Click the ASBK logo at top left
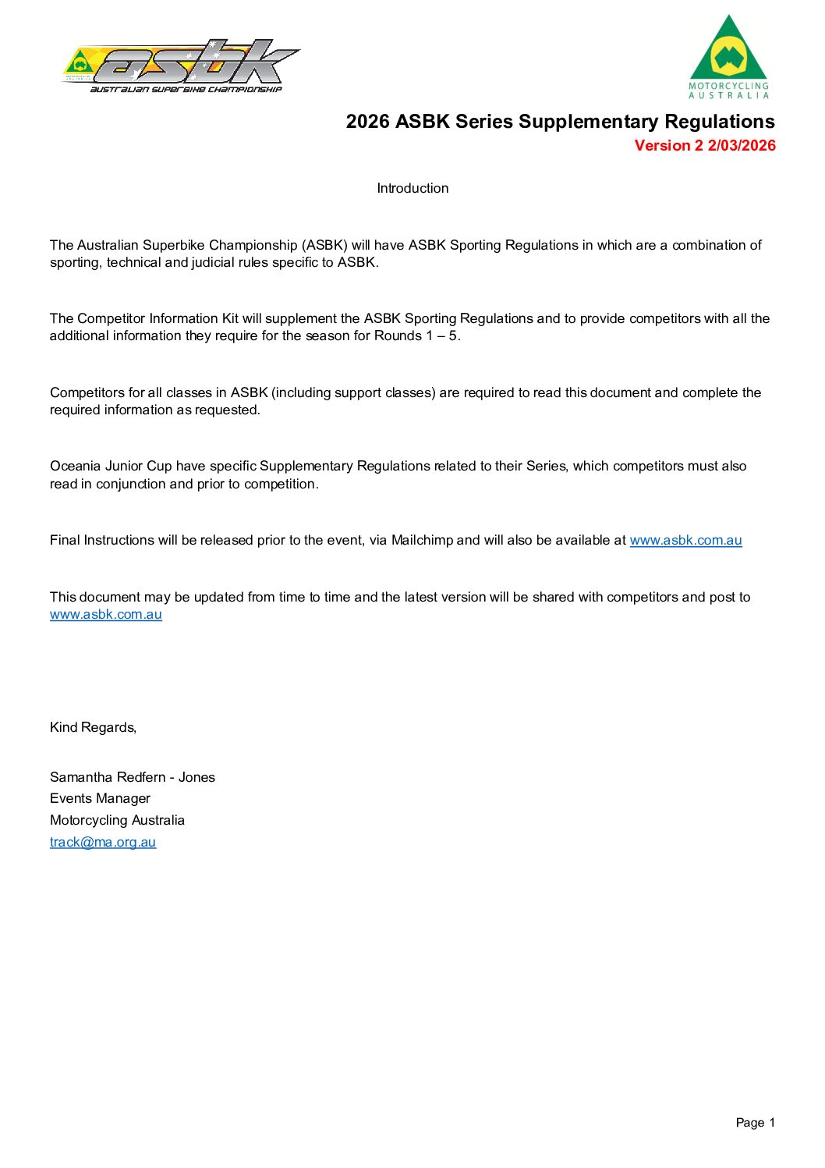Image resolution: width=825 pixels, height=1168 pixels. [x=181, y=66]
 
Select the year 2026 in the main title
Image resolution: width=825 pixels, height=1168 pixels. [x=367, y=122]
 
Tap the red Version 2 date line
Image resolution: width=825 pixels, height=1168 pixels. [x=705, y=146]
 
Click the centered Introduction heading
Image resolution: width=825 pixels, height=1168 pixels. [x=412, y=188]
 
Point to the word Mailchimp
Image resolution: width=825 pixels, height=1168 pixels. [x=422, y=540]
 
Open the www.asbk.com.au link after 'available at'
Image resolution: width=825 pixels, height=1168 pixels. [x=685, y=540]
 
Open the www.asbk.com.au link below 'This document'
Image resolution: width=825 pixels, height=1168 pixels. [x=106, y=615]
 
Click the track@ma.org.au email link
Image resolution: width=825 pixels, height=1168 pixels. [x=103, y=842]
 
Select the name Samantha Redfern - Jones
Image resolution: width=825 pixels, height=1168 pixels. [x=133, y=777]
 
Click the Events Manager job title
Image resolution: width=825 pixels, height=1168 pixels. [x=100, y=798]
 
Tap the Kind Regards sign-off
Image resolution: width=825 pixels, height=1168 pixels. [x=93, y=727]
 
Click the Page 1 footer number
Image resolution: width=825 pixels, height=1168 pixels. [x=755, y=1123]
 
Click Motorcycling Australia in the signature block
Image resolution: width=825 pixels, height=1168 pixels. [x=117, y=820]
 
